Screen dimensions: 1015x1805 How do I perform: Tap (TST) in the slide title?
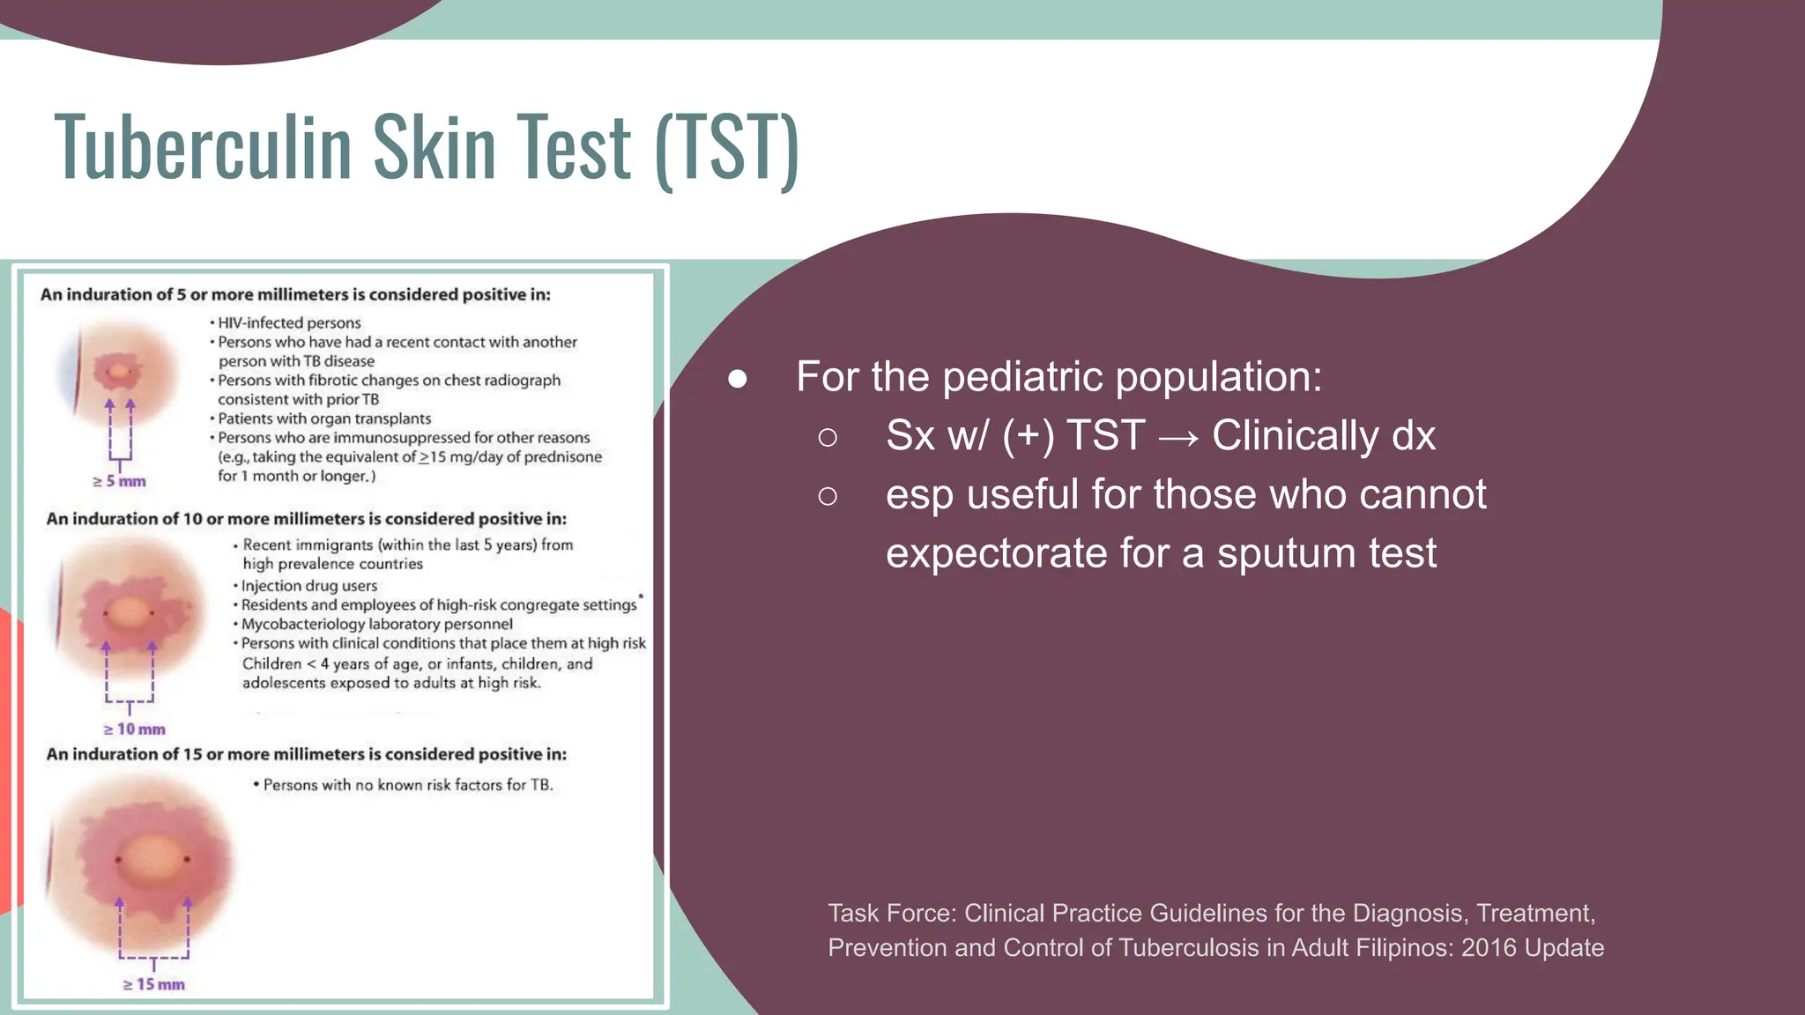coord(726,147)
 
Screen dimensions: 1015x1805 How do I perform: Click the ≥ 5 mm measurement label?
coord(120,481)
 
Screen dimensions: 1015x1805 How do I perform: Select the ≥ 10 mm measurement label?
coord(135,730)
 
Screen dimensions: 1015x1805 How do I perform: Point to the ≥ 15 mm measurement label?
coord(154,984)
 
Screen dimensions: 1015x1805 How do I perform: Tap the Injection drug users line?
coord(308,585)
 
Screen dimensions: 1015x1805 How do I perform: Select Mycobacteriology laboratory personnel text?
coord(376,624)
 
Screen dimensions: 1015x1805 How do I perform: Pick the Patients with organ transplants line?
coord(323,419)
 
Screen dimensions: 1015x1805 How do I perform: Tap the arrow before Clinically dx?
coord(1178,437)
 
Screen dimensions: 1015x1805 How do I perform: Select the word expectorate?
coord(996,553)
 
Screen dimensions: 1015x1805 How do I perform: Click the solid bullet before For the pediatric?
coord(738,379)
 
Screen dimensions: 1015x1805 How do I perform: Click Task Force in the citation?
coord(891,913)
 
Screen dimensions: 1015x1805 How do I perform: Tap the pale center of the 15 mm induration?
coord(152,856)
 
